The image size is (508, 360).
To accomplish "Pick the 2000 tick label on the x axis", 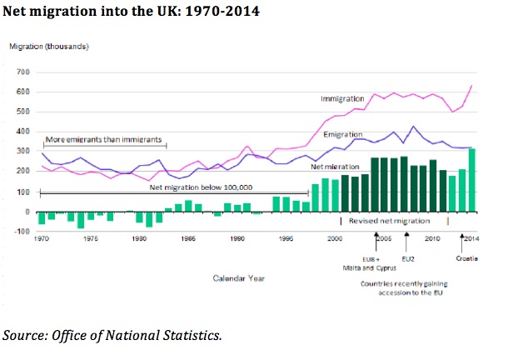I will point(334,238).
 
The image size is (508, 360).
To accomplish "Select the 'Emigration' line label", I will point(341,134).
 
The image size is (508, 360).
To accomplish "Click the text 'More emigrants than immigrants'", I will point(103,139).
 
